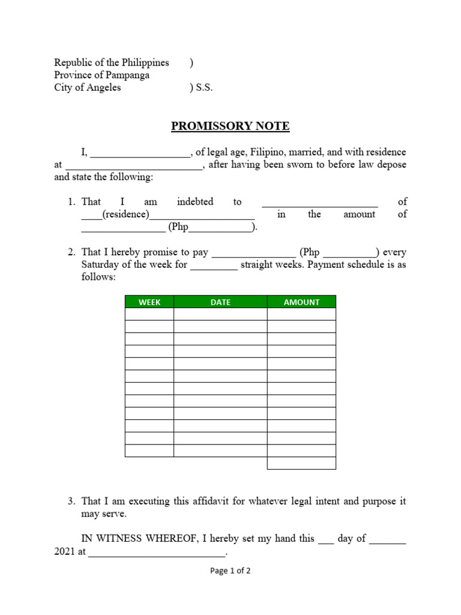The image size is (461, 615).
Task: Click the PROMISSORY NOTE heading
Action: pyautogui.click(x=230, y=126)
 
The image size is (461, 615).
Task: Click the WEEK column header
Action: pyautogui.click(x=149, y=302)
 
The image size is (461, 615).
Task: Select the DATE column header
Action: pyautogui.click(x=220, y=302)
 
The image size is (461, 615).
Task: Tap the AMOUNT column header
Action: pyautogui.click(x=301, y=302)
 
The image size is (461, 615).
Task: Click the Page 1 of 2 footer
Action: pyautogui.click(x=230, y=571)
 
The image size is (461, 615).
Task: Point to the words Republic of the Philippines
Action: pyautogui.click(x=112, y=62)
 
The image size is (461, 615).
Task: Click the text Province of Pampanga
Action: pyautogui.click(x=101, y=75)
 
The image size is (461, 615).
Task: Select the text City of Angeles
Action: pyautogui.click(x=88, y=88)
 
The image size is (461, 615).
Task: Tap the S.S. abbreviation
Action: pyautogui.click(x=203, y=88)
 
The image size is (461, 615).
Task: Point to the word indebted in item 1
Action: pyautogui.click(x=195, y=202)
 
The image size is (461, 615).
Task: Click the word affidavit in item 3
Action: pyautogui.click(x=203, y=501)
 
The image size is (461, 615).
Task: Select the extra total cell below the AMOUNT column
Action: pyautogui.click(x=301, y=463)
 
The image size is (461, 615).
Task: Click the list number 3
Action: pyautogui.click(x=71, y=501)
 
